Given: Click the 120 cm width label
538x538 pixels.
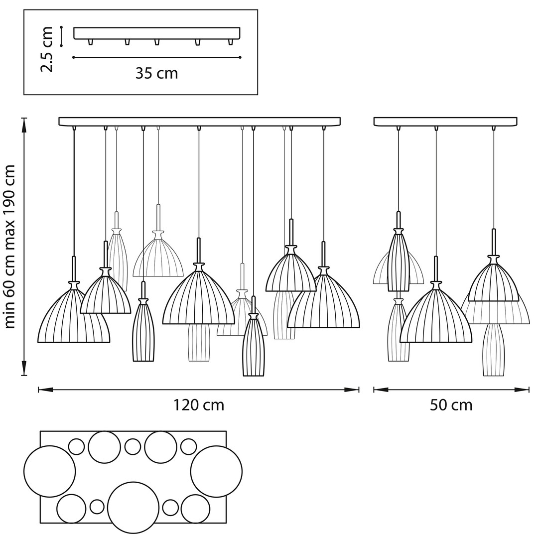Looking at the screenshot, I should [199, 405].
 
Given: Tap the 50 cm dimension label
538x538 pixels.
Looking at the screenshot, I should [451, 405].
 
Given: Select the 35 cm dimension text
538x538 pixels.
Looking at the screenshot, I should [156, 74].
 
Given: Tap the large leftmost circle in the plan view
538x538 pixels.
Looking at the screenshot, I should [49, 471].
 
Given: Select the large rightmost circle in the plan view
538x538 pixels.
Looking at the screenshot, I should [216, 471].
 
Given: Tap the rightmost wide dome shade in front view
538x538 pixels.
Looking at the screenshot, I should [324, 304].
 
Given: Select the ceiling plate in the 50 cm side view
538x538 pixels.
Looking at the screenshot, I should [445, 121].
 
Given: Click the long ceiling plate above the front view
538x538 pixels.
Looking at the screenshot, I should [199, 121].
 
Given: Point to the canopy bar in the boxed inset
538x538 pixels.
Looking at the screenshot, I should [156, 33].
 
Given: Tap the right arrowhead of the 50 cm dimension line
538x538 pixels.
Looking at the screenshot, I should [527, 390].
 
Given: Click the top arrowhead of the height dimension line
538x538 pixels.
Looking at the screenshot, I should [24, 120].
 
